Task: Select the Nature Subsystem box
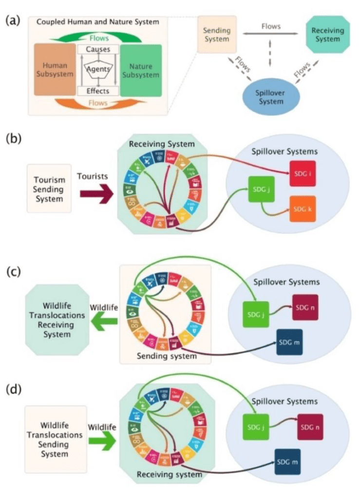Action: pos(141,69)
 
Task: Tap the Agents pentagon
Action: pos(98,70)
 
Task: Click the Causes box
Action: pos(98,49)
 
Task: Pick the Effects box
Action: pos(98,91)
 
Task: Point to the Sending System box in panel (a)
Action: pos(217,34)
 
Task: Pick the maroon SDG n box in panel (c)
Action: pos(305,307)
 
